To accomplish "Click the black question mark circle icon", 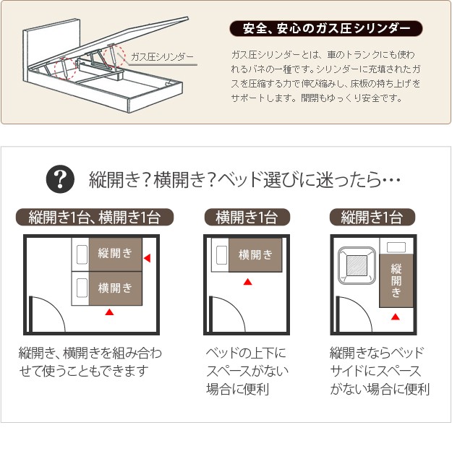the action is pos(60,179).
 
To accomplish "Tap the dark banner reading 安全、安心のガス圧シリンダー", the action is pos(325,28).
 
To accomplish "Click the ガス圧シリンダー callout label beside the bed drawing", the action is pos(162,56).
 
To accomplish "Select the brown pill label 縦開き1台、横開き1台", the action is pos(95,217).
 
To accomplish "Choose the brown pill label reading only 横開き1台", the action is pos(247,217).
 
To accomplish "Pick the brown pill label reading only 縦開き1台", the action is pos(372,217).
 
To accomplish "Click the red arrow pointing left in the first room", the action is pos(147,258).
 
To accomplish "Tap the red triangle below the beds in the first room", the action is pos(109,312).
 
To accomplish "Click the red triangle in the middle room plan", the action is pos(248,282).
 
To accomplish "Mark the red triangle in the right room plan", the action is pos(396,317).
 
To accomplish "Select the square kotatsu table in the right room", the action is pos(357,265).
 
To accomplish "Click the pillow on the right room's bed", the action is pos(396,247).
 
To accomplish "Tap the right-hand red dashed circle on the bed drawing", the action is pos(114,56).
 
